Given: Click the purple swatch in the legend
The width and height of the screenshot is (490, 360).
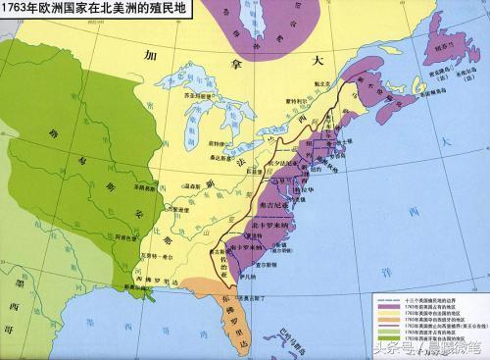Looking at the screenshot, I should (383, 308).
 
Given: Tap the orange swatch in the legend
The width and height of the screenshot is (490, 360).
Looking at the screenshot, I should (383, 323).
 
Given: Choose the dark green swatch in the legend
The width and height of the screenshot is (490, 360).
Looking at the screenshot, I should (383, 337).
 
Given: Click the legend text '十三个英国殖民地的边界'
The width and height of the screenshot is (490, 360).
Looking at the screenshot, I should (430, 301).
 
